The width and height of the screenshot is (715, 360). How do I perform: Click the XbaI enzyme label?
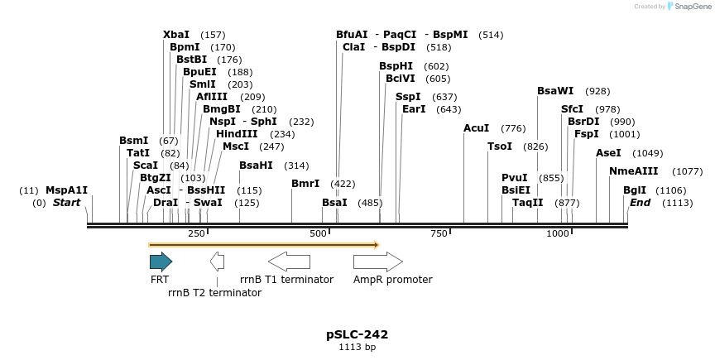[x=176, y=35]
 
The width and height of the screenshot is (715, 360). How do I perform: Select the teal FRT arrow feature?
[x=161, y=262]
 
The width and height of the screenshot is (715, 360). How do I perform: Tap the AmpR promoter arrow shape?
[x=377, y=262]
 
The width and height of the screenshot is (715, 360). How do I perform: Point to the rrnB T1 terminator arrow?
[x=289, y=262]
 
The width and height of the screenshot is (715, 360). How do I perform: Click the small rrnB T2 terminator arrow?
[x=217, y=262]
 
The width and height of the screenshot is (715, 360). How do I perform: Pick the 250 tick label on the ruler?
[x=196, y=234]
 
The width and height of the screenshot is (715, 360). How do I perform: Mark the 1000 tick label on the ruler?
[x=559, y=234]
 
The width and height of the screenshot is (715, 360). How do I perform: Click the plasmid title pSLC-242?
[x=357, y=334]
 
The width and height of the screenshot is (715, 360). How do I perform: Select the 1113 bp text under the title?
[x=357, y=348]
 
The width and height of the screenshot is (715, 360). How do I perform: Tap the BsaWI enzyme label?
[x=555, y=91]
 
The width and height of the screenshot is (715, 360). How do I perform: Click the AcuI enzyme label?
[x=477, y=128]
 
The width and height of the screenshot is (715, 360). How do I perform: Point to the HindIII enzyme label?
[x=238, y=134]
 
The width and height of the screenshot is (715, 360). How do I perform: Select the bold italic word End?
[x=640, y=203]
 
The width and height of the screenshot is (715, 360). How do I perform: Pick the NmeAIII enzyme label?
[x=634, y=171]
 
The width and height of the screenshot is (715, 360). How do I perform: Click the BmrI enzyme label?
[x=305, y=184]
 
